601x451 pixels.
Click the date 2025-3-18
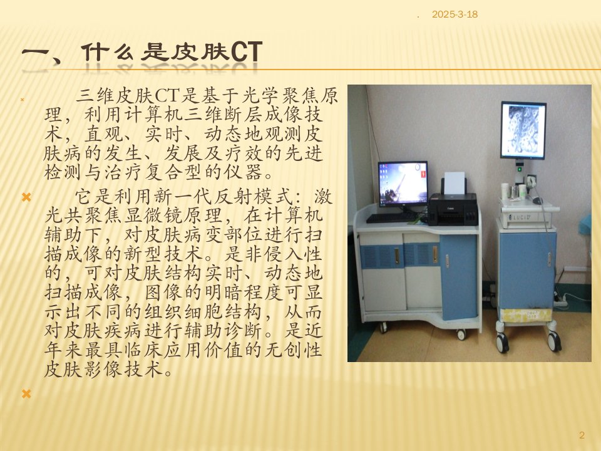455,14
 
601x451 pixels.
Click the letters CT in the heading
247,52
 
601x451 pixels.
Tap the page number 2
582,435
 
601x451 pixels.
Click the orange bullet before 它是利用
26,197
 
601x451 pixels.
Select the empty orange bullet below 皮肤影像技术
26,394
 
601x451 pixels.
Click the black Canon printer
453,209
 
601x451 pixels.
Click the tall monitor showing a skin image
523,130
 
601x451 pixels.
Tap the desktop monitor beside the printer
403,184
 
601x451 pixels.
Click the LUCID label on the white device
520,217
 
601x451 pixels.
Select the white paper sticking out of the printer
455,183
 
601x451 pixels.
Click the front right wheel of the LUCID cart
554,341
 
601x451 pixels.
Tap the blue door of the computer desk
459,277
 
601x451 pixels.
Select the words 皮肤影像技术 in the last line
103,370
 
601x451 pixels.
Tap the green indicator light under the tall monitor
520,168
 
